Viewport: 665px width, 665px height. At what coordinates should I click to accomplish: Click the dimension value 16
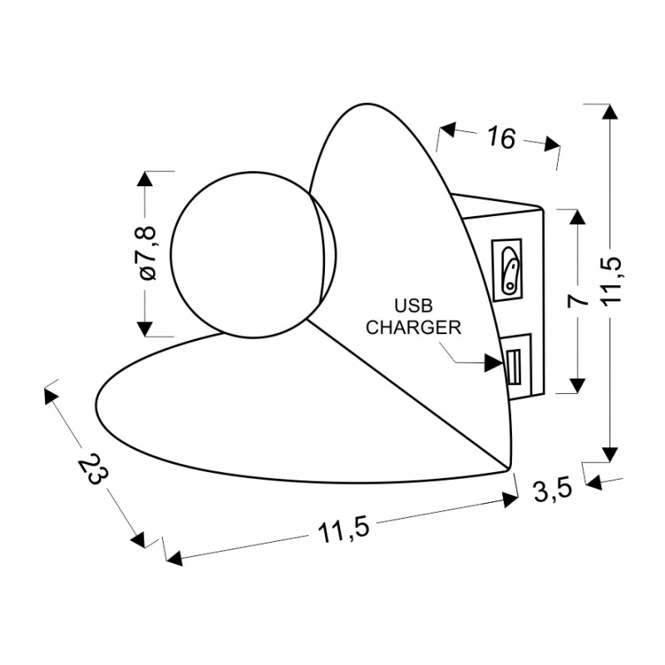tap(502, 137)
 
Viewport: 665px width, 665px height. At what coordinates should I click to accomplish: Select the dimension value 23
tap(93, 469)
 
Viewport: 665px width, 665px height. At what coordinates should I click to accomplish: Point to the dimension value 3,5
tap(553, 490)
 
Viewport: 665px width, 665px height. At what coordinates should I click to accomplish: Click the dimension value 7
tap(578, 301)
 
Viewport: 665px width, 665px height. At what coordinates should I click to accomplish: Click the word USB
tap(413, 305)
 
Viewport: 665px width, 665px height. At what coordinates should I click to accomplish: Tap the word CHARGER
tap(413, 328)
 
